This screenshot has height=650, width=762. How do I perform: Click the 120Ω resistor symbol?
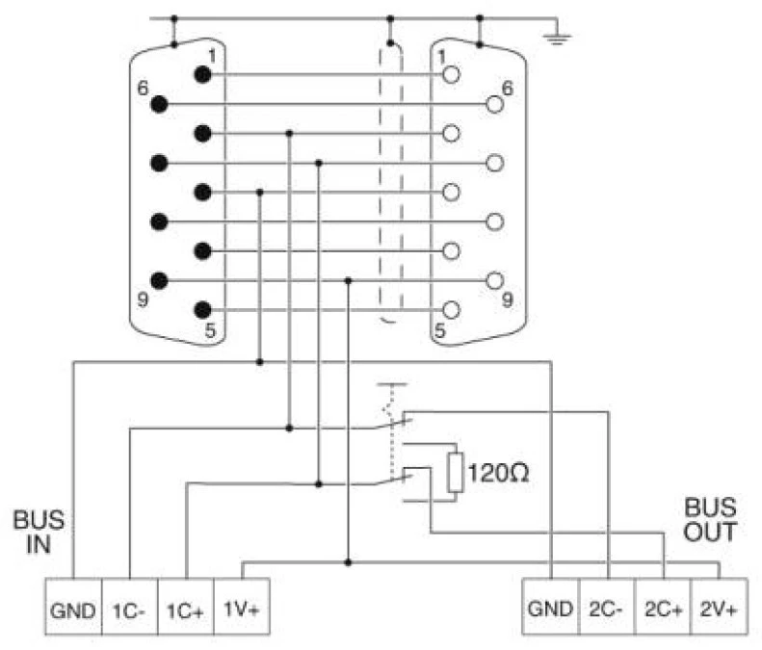(456, 475)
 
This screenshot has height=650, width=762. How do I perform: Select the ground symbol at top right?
(556, 38)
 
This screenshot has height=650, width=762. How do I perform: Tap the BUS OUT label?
(710, 519)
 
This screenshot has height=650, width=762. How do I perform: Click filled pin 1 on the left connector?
(203, 74)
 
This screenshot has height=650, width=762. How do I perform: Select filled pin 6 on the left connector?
(160, 103)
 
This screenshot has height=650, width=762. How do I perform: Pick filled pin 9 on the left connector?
(160, 281)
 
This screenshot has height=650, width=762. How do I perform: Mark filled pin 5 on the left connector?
(203, 310)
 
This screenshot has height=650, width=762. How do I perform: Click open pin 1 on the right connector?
(450, 74)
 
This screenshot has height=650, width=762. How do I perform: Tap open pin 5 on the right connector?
(450, 310)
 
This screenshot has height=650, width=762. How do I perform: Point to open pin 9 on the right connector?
(495, 281)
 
